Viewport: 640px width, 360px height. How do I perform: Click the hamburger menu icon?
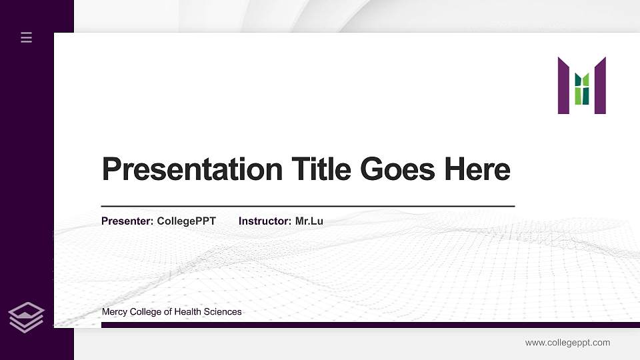pyautogui.click(x=27, y=38)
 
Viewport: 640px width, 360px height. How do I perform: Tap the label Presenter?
pyautogui.click(x=127, y=221)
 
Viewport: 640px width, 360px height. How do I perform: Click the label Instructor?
pyautogui.click(x=265, y=221)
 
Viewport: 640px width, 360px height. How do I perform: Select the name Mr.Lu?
pyautogui.click(x=309, y=221)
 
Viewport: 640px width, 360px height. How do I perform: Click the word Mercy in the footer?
pyautogui.click(x=114, y=312)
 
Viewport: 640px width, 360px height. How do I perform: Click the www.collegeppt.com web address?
pyautogui.click(x=567, y=343)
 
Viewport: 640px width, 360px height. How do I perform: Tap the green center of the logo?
pyautogui.click(x=582, y=89)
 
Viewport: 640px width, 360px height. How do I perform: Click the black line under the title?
pyautogui.click(x=307, y=207)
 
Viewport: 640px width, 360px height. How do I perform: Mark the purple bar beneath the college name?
pyautogui.click(x=367, y=325)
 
